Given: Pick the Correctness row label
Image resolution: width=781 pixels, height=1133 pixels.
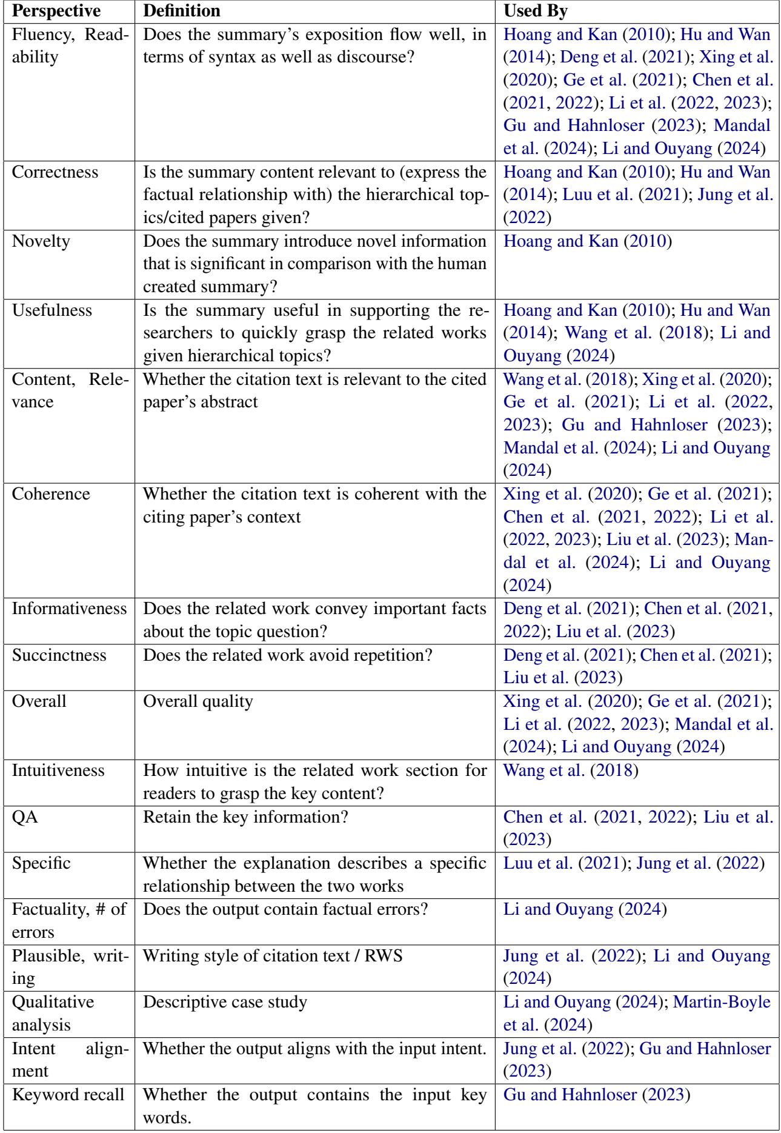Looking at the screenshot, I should pos(55,173).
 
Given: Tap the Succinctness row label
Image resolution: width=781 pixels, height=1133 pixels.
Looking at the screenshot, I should pos(59,655).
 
